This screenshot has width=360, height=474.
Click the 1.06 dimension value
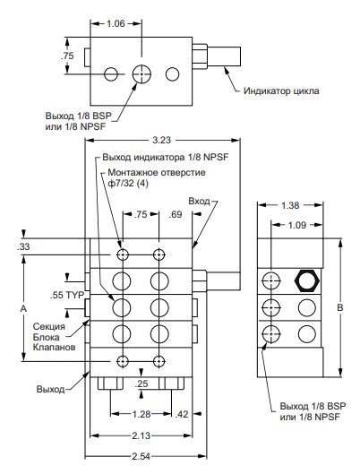point(116,23)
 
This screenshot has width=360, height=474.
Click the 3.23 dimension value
point(161,140)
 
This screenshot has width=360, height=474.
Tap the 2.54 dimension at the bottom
point(141,456)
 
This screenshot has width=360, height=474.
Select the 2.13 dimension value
point(141,435)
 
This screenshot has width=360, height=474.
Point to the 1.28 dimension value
point(141,414)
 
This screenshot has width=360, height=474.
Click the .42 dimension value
point(182,414)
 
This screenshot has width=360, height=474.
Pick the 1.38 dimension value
point(290,205)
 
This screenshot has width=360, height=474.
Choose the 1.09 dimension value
point(297,225)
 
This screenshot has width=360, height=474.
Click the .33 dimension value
point(23,246)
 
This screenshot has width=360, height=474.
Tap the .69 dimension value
point(176,214)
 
